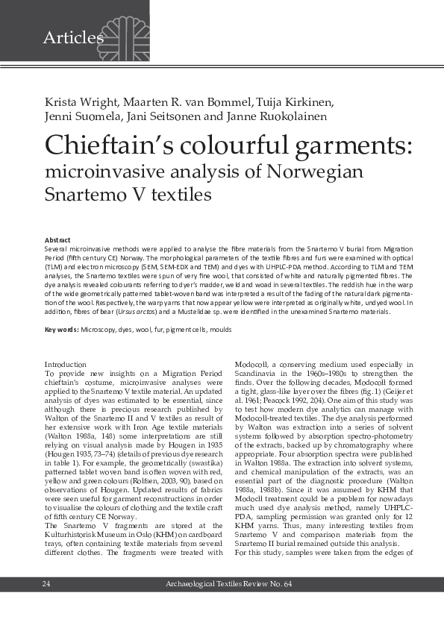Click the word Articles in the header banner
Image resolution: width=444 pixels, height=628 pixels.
tap(73, 37)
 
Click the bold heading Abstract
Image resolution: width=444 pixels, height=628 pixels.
tap(58, 239)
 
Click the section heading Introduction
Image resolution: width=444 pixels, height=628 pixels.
tap(66, 364)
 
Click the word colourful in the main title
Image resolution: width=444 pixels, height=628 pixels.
tap(240, 145)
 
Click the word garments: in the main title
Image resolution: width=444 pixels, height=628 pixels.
tap(349, 145)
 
